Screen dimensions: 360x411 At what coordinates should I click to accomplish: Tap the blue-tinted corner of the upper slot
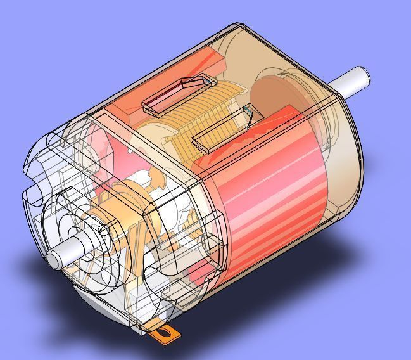pyautogui.click(x=207, y=80)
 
